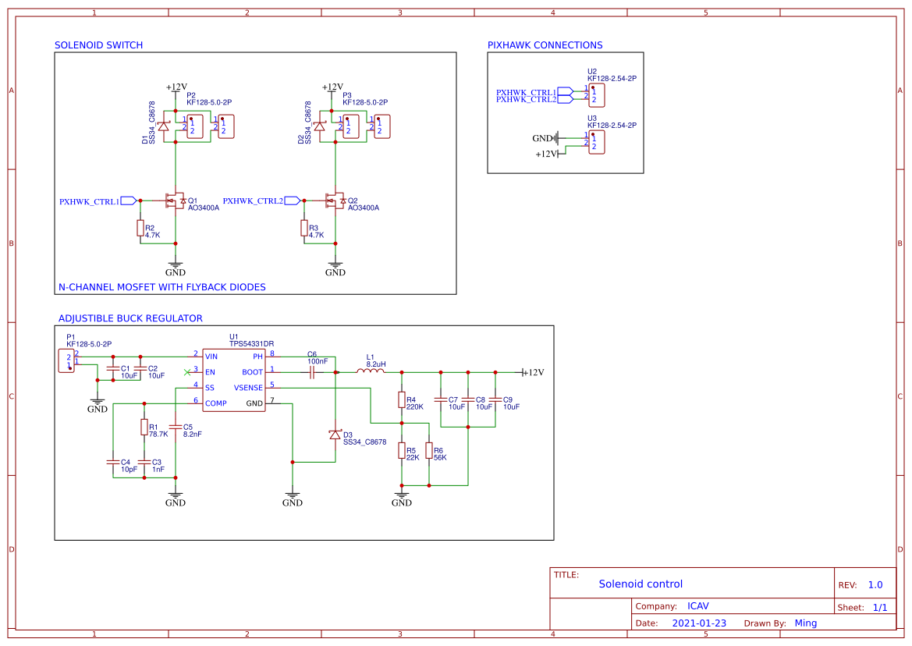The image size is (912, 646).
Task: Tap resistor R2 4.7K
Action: tap(140, 228)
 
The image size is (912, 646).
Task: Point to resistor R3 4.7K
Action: tap(303, 228)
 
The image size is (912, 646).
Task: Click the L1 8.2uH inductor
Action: tap(371, 372)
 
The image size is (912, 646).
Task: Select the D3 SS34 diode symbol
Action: tap(335, 435)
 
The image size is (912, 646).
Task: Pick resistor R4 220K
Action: tap(402, 400)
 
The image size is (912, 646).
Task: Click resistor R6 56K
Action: tap(429, 451)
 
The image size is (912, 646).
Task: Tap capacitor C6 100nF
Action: tap(312, 372)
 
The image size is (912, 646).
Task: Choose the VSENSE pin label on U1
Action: tap(248, 388)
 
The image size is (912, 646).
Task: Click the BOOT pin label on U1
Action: tap(252, 372)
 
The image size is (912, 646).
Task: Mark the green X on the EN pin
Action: tap(186, 371)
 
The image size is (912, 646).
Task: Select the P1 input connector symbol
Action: tap(67, 361)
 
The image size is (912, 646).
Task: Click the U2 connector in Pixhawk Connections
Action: tap(596, 94)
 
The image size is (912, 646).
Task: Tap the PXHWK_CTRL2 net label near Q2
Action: tap(253, 201)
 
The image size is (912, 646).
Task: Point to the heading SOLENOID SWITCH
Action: tap(98, 45)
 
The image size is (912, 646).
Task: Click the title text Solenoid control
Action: tap(641, 584)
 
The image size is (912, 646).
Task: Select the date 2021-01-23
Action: tap(699, 623)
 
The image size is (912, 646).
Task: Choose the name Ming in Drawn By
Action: tap(805, 623)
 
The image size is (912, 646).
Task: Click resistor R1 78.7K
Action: tap(144, 427)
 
